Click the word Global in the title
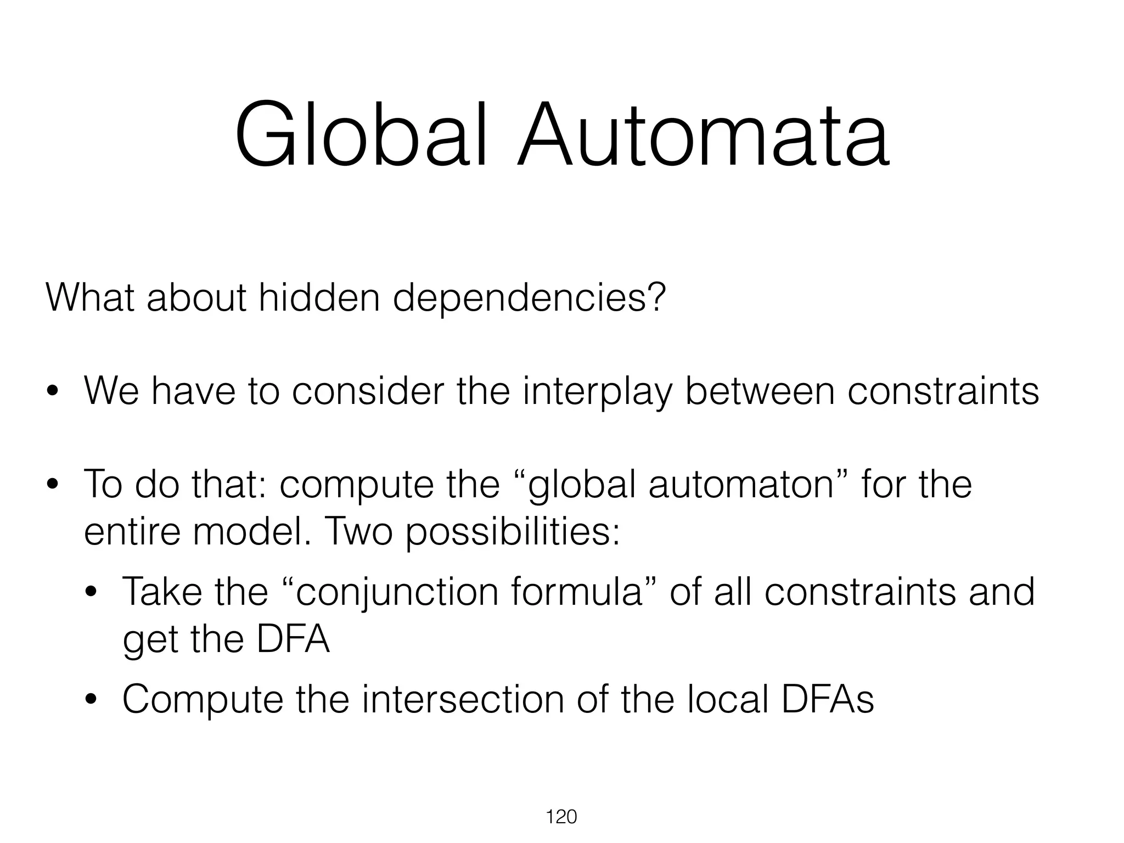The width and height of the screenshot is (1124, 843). pyautogui.click(x=361, y=135)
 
